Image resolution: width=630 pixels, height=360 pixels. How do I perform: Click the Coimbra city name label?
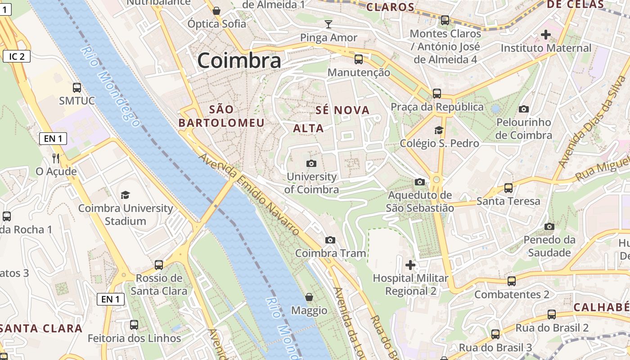[x=239, y=61]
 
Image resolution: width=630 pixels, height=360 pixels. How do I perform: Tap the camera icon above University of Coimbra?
[x=311, y=163]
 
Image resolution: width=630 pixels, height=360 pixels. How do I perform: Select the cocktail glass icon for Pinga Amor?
[x=328, y=24]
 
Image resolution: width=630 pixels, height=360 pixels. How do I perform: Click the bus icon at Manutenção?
[x=359, y=59]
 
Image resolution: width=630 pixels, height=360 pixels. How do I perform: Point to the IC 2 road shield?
[x=17, y=56]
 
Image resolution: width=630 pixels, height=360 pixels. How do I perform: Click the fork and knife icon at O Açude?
[x=56, y=158]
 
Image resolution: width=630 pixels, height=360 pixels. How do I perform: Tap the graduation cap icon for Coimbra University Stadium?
[x=125, y=195]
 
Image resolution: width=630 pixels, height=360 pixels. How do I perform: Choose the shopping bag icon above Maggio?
[x=309, y=297]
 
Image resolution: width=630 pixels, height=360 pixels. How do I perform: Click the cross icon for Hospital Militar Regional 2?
[x=410, y=265]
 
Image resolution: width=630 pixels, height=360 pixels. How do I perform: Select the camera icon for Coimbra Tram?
[x=330, y=240]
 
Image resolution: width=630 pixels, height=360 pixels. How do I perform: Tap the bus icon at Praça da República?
[x=437, y=94]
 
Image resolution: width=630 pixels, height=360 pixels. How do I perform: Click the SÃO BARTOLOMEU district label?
[x=221, y=116]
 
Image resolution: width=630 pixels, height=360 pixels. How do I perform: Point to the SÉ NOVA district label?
[x=342, y=110]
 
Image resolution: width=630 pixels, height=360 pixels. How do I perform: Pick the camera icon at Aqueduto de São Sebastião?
[x=420, y=182]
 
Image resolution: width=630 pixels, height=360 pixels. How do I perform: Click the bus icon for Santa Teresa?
[x=508, y=188]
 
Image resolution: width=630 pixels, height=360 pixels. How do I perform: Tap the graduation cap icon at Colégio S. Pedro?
[x=439, y=130]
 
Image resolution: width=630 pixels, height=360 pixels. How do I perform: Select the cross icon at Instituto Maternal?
[x=546, y=34]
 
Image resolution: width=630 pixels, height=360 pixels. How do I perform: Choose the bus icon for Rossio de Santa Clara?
[x=159, y=265]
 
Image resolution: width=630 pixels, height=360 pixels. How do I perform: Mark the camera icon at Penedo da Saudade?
[x=549, y=226]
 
